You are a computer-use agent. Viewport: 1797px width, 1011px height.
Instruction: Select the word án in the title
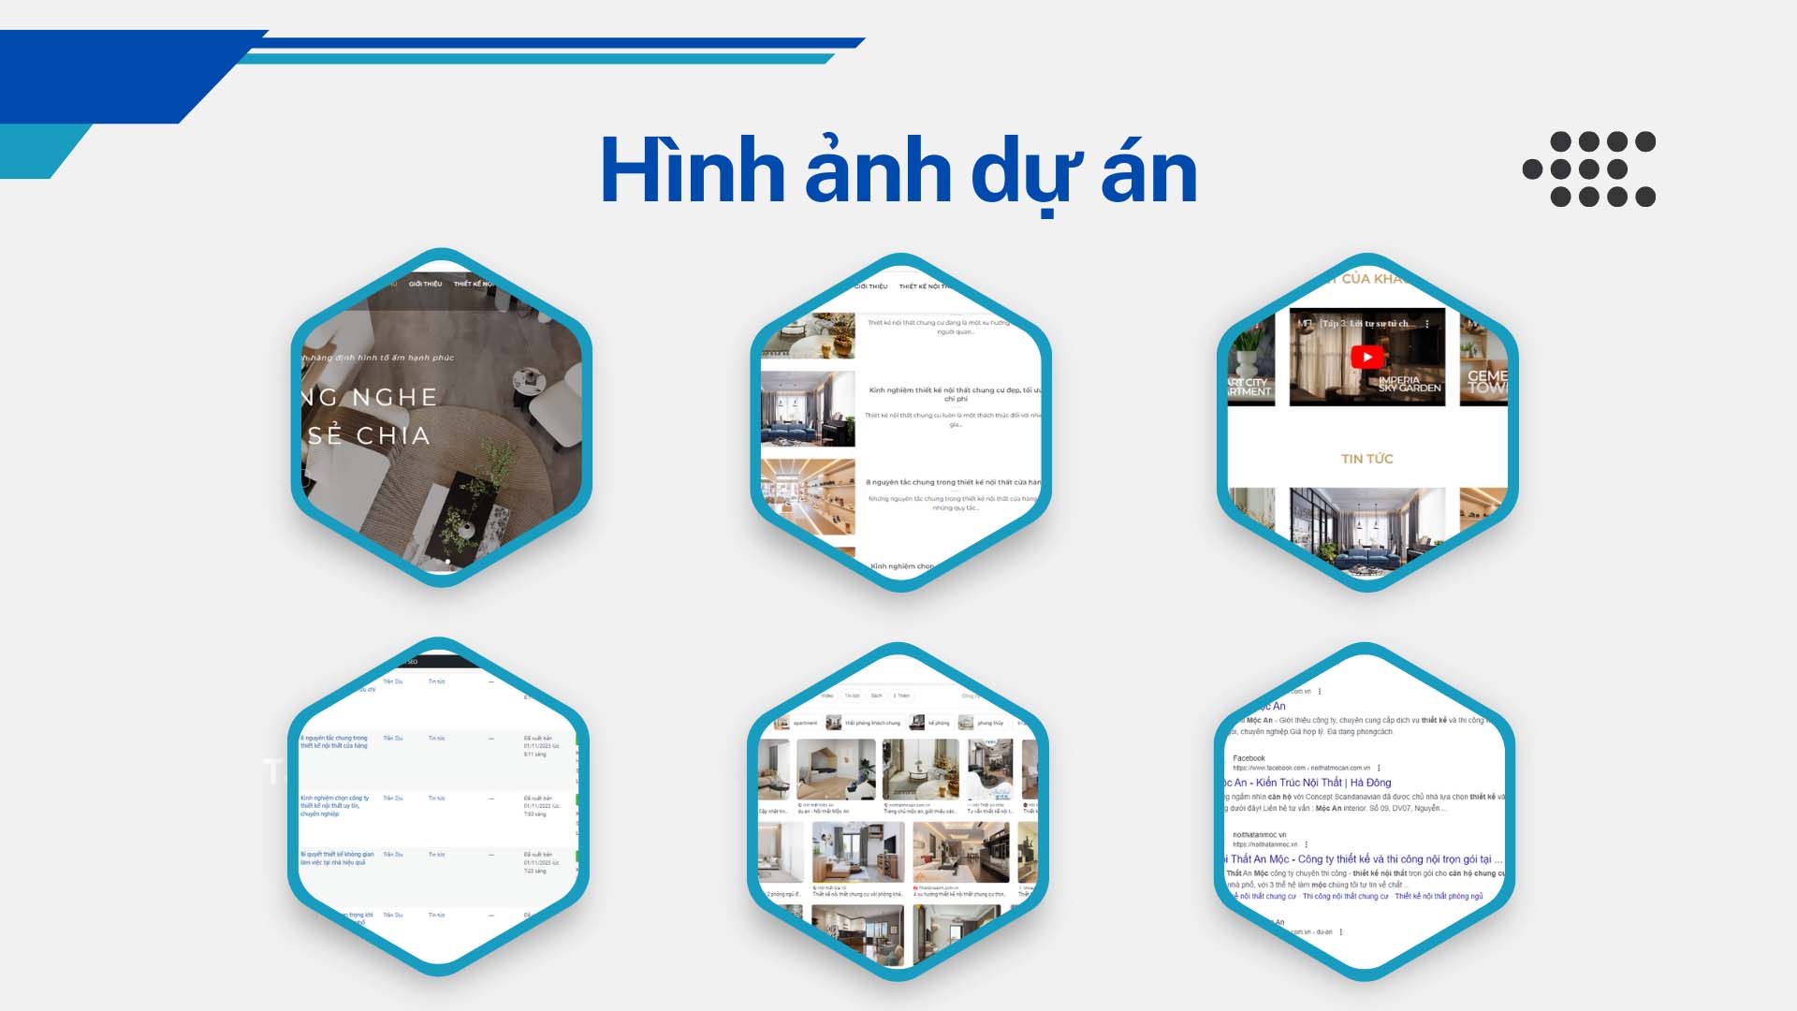pyautogui.click(x=1149, y=170)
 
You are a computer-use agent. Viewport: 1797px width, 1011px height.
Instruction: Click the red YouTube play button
pyautogui.click(x=1366, y=357)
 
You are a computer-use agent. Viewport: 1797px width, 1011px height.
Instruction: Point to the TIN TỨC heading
pyautogui.click(x=1366, y=459)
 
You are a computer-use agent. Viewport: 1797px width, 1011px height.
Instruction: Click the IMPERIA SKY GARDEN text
pyautogui.click(x=1409, y=384)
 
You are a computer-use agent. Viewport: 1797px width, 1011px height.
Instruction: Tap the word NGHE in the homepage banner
pyautogui.click(x=394, y=397)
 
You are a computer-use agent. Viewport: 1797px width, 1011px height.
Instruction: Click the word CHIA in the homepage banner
pyautogui.click(x=392, y=435)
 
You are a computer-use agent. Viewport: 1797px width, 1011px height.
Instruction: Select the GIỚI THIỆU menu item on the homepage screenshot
pyautogui.click(x=425, y=284)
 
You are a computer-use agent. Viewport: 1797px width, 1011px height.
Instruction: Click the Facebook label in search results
pyautogui.click(x=1249, y=758)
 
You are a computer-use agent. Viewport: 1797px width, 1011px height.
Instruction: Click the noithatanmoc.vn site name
pyautogui.click(x=1259, y=834)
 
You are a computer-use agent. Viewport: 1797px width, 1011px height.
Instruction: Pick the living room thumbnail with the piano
pyautogui.click(x=808, y=409)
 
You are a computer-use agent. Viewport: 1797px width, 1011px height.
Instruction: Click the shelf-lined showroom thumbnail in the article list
pyautogui.click(x=808, y=496)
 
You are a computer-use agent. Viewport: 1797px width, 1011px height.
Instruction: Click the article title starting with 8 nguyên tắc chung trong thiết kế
pyautogui.click(x=953, y=482)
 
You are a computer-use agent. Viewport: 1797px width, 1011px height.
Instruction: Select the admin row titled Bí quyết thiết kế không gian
pyautogui.click(x=336, y=857)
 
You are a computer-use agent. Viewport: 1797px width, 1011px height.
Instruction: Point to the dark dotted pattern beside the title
pyautogui.click(x=1589, y=169)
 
